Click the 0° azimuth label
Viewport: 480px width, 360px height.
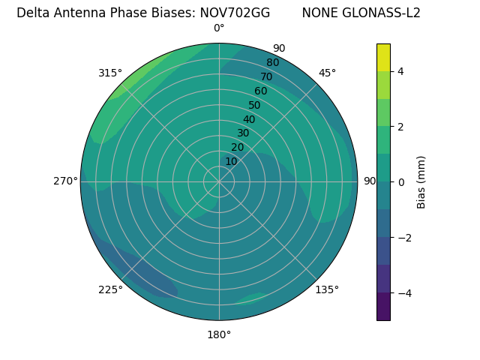(x=219, y=28)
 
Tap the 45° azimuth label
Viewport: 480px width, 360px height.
(x=328, y=73)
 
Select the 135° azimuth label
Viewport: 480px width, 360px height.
(x=327, y=289)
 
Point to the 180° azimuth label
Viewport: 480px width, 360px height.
(x=219, y=334)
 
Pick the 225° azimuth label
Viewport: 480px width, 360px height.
(x=110, y=290)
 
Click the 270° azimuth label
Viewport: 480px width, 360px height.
(x=66, y=181)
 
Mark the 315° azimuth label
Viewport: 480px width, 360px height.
(x=110, y=73)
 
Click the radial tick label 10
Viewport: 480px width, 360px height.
(x=231, y=161)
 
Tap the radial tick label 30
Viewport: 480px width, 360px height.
(x=243, y=133)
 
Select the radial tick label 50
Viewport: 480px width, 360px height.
(x=254, y=106)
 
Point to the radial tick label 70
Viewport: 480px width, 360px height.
(x=266, y=77)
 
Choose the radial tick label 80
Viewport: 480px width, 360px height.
(x=272, y=63)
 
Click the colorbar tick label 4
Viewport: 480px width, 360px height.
(x=401, y=71)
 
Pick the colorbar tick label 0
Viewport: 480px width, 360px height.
(x=401, y=182)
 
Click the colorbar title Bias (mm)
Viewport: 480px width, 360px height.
(x=421, y=182)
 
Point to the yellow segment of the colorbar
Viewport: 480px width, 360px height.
(x=383, y=58)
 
